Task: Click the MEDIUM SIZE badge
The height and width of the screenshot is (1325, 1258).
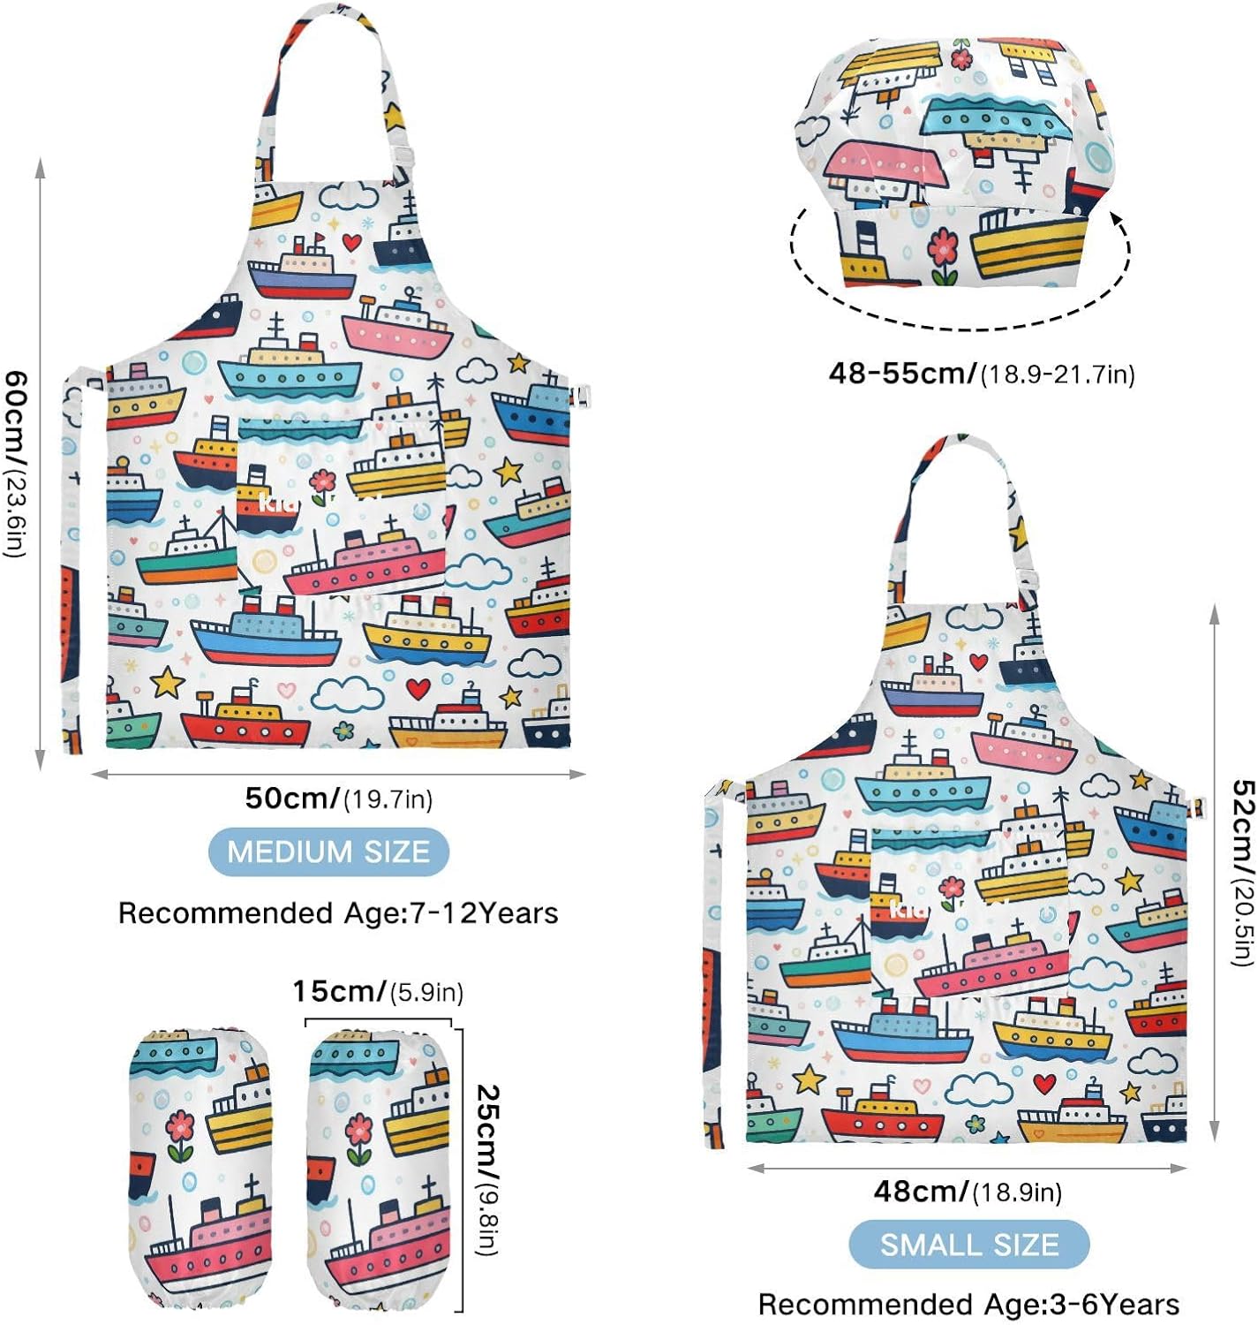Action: (328, 852)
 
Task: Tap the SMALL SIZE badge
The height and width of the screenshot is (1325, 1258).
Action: (968, 1244)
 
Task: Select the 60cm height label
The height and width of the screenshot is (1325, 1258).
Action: (17, 464)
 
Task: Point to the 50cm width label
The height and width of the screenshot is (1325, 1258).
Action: (338, 799)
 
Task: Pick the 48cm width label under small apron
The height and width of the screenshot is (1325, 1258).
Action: (968, 1192)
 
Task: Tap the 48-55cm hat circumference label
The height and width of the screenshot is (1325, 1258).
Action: (981, 374)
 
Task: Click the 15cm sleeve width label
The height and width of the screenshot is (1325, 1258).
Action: (378, 991)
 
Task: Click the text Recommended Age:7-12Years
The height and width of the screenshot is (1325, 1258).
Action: (338, 912)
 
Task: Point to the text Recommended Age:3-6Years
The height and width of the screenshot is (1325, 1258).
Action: (968, 1305)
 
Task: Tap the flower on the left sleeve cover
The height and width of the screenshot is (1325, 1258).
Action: (180, 1132)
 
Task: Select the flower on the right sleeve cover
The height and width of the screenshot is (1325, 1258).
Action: (358, 1132)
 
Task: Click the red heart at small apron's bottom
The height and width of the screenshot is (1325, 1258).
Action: (1044, 1083)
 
